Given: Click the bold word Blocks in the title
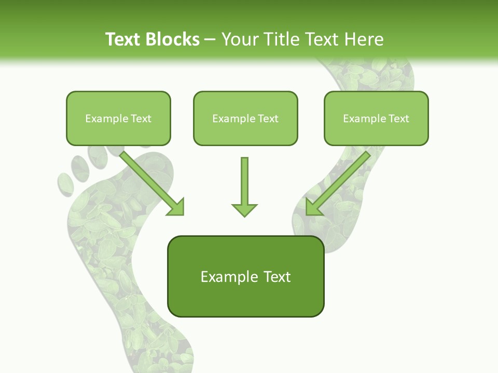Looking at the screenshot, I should [173, 39].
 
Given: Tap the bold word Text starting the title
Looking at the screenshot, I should [125, 39].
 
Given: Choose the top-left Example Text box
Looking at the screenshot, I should [118, 118].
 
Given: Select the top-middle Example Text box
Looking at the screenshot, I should [245, 118].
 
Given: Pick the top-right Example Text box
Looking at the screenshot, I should [376, 118].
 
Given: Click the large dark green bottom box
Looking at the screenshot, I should [245, 277].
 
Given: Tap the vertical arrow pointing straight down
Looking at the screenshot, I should [244, 187].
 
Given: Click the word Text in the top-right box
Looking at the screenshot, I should [398, 119].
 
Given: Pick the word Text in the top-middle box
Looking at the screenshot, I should [268, 119].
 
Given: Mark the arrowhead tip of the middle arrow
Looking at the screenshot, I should [244, 216].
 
